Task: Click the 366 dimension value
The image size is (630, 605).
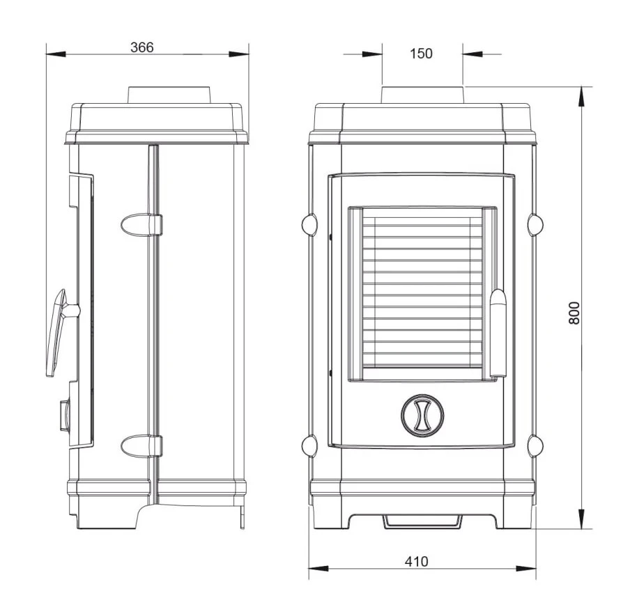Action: [x=142, y=47]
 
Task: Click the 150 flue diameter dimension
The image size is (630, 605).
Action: [x=421, y=54]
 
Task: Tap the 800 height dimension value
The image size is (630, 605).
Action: [x=574, y=313]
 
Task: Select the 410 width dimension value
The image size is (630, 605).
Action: [x=416, y=561]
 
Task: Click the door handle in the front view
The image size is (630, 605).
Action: [x=498, y=333]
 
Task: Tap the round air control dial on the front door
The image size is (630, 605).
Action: [x=422, y=416]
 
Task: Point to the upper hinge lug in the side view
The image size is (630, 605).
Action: [x=141, y=225]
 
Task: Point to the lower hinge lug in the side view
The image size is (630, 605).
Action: [x=141, y=446]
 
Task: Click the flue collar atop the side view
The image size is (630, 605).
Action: [x=169, y=95]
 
